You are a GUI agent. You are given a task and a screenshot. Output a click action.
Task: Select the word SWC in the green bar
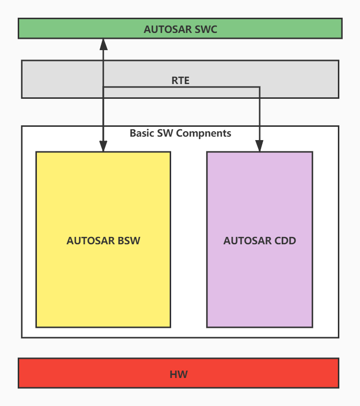tap(206, 29)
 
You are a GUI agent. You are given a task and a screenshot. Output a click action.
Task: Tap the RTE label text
tap(180, 81)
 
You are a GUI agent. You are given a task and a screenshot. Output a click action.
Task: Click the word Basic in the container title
tap(142, 133)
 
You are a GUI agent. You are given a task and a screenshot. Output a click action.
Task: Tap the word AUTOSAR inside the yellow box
tap(90, 241)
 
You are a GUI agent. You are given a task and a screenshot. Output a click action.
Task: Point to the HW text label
tap(179, 375)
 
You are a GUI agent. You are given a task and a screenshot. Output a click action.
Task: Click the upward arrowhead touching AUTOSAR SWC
tap(103, 44)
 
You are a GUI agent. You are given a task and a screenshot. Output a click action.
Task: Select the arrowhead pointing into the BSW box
tap(103, 146)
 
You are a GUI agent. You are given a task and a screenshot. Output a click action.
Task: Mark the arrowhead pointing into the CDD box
tap(260, 146)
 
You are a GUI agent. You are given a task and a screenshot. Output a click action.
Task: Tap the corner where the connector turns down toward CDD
tap(260, 87)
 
